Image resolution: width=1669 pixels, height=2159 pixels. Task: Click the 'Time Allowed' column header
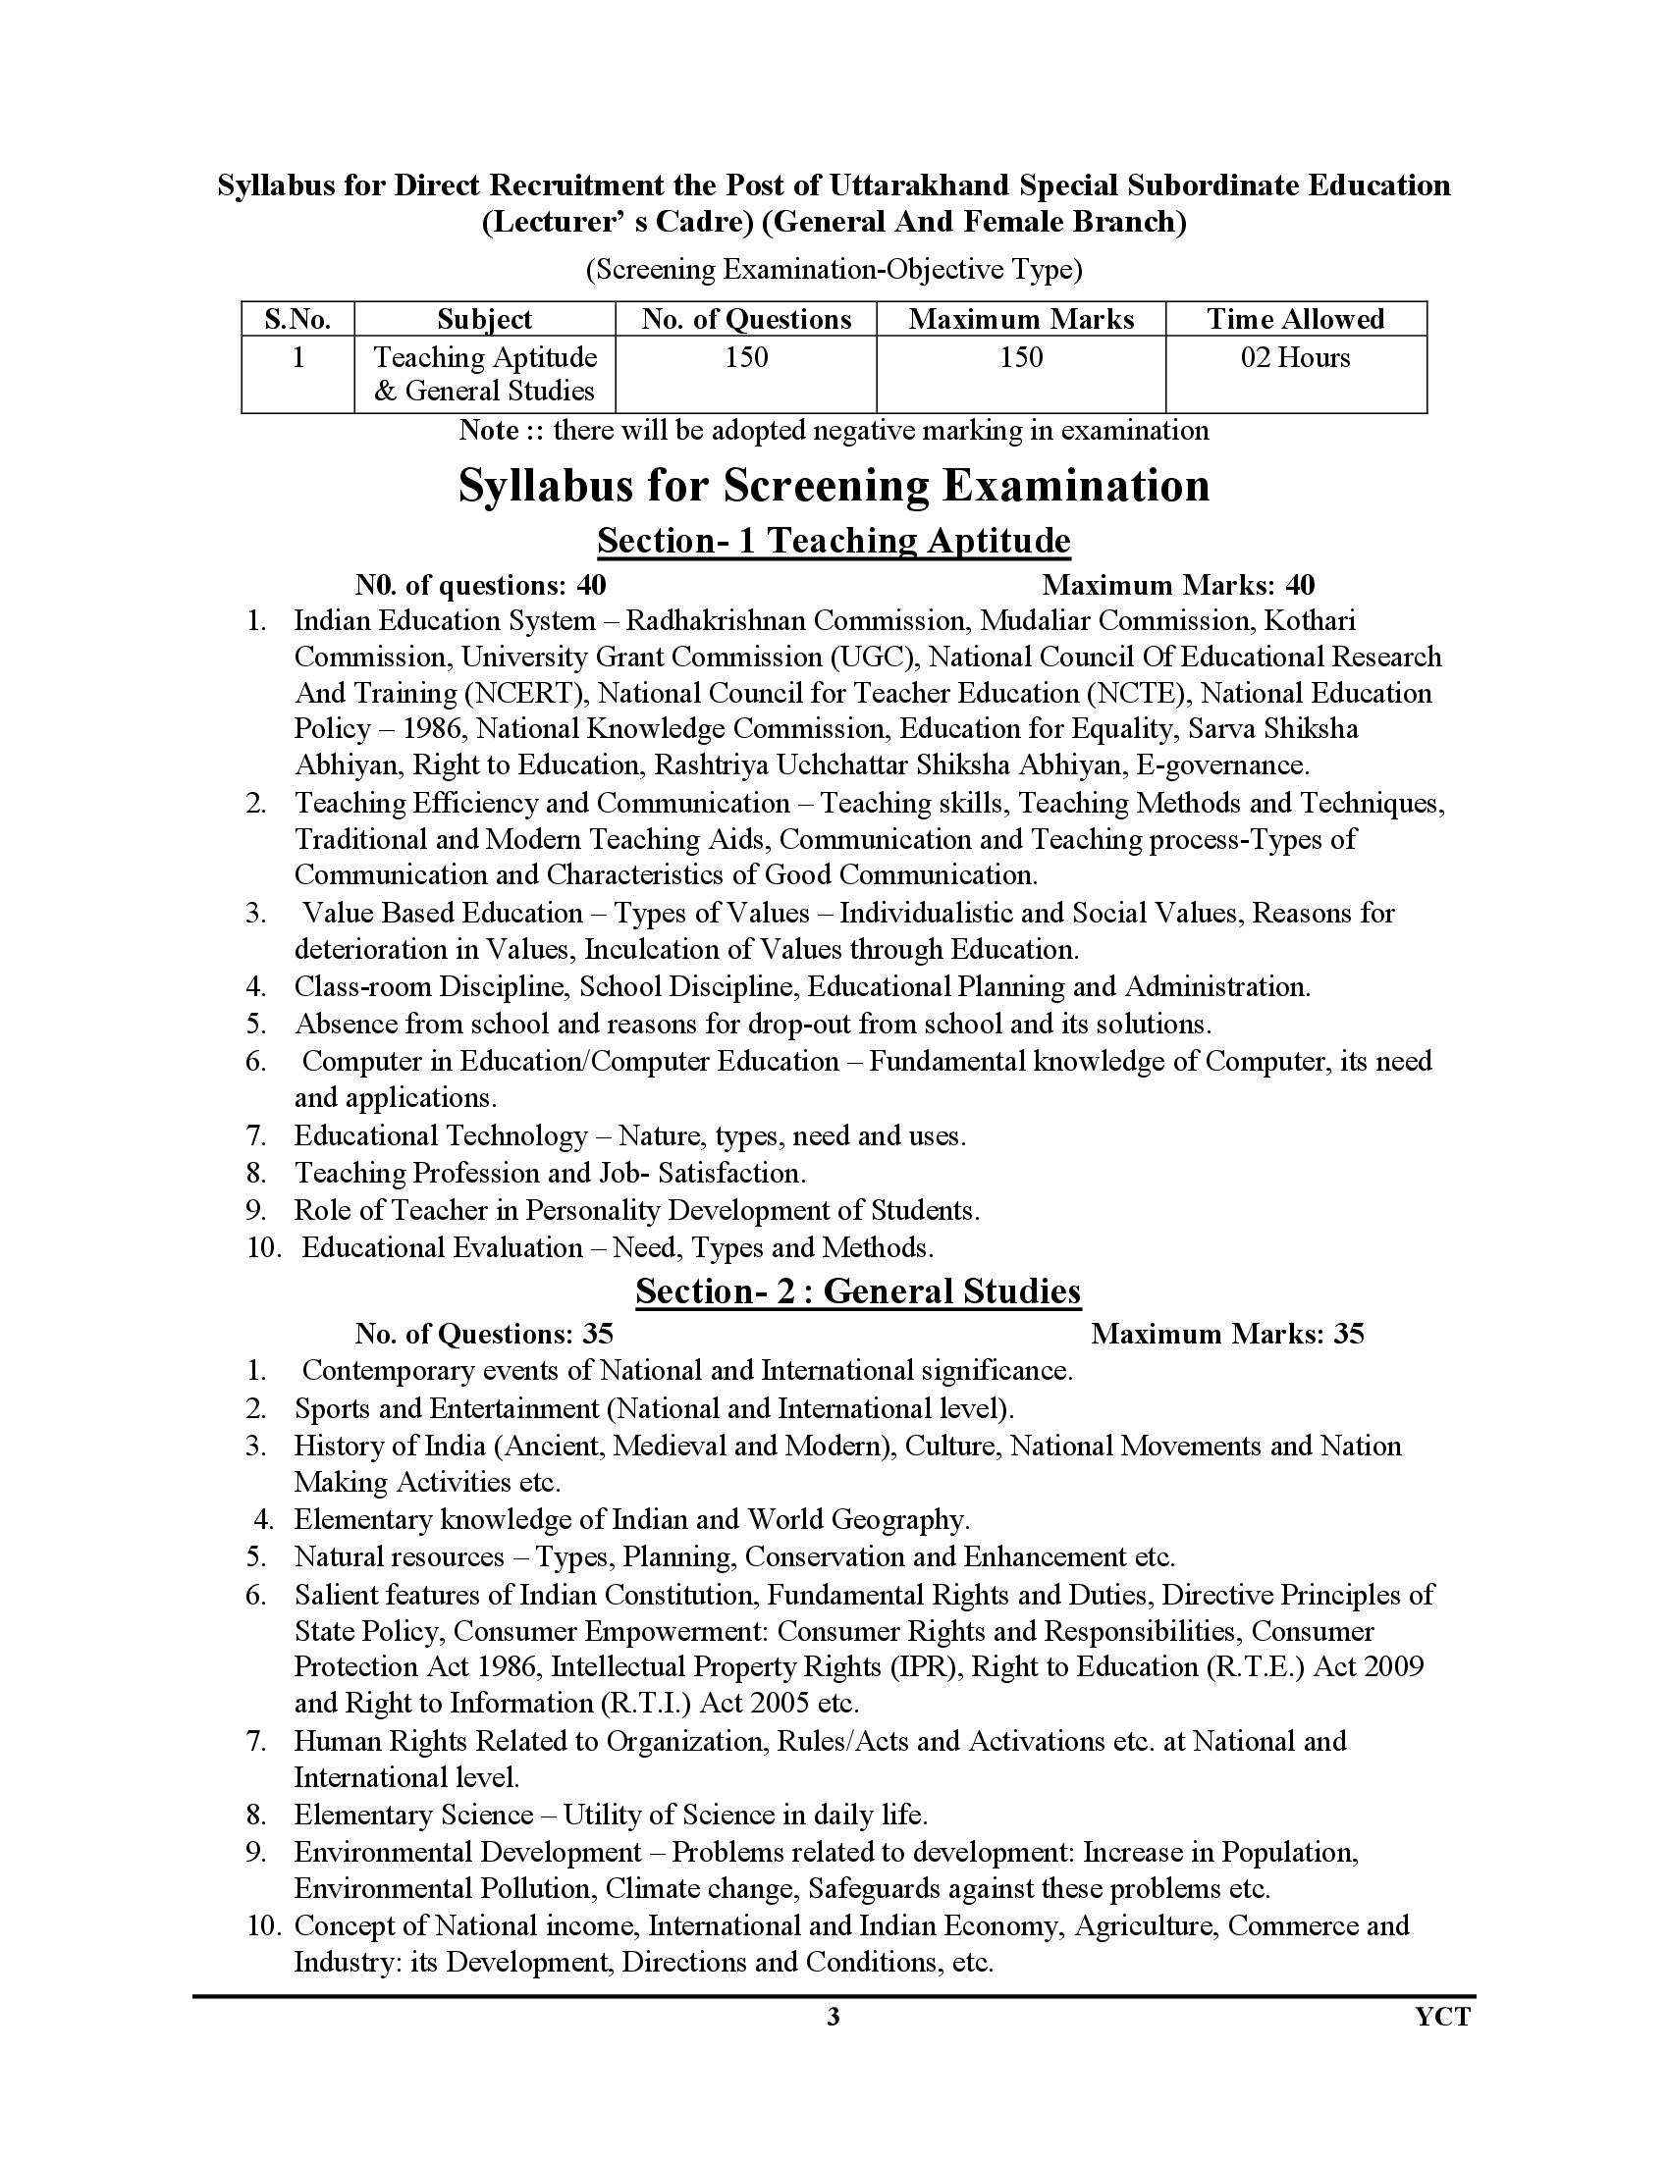(1295, 319)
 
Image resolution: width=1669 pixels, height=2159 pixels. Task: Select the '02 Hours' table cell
(1295, 357)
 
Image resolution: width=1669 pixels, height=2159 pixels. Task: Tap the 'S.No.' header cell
(296, 319)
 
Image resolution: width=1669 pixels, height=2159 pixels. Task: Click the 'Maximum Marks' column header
(1020, 319)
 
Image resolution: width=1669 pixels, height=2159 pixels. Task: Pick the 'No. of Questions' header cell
(745, 319)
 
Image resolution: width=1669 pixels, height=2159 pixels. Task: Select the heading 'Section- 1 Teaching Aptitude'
(834, 541)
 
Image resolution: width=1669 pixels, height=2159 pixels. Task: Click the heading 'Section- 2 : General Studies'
(857, 1291)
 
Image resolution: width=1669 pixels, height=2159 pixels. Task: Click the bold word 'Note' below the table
(489, 431)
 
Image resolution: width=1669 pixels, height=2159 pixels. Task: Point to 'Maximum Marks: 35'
(1227, 1335)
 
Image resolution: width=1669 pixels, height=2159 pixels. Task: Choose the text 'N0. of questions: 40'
(480, 585)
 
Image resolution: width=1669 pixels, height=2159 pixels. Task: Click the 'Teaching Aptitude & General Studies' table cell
(484, 374)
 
